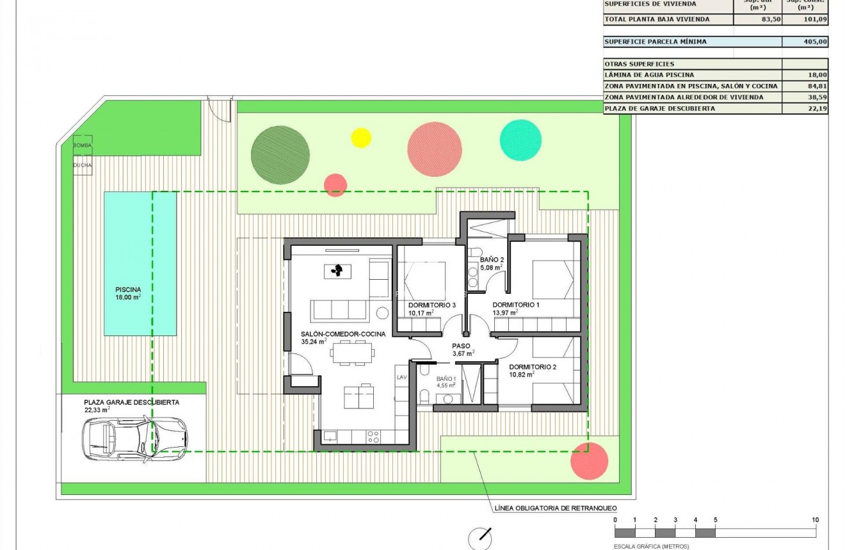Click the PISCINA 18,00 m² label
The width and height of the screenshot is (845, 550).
pos(128,293)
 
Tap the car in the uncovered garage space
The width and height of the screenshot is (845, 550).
pos(135,439)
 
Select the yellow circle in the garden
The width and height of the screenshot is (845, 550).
pos(361,138)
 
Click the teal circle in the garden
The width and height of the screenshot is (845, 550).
pos(520,140)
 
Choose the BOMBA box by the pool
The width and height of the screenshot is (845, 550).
pos(82,145)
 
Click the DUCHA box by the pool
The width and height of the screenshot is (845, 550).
pos(82,165)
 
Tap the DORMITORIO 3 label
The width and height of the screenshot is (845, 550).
pos(431,305)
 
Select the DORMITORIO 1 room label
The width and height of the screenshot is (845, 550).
pos(515,305)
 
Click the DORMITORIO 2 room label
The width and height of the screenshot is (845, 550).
pos(532,368)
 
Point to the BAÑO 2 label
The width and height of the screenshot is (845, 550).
pos(492,260)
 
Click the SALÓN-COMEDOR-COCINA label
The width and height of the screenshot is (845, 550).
pos(343,334)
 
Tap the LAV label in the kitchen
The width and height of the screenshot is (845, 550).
pos(402,378)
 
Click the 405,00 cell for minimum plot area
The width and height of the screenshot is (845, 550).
pos(805,42)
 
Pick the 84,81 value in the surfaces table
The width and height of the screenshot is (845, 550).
pos(805,86)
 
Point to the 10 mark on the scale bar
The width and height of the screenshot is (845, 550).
pos(814,520)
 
